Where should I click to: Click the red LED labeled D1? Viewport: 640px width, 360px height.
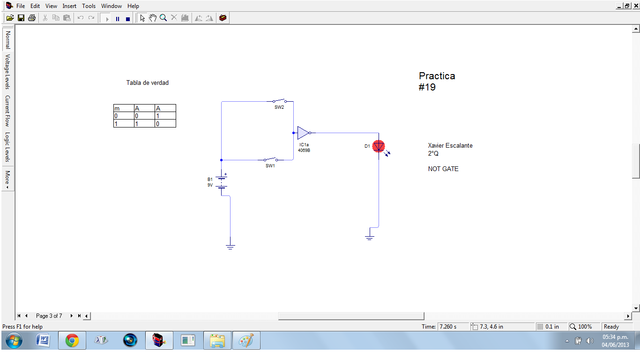point(379,146)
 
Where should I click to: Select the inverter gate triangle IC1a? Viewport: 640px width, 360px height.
point(303,133)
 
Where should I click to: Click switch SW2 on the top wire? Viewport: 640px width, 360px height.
point(280,101)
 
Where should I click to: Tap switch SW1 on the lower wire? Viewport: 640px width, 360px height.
point(271,159)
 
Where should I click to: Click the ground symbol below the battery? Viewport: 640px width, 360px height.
point(230,246)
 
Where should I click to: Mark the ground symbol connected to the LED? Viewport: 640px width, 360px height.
point(370,237)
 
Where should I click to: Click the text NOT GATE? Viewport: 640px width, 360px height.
point(443,169)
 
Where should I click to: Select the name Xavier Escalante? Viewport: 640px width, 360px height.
point(450,145)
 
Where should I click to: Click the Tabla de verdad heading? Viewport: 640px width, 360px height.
point(147,82)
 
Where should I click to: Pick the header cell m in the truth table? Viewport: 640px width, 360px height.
point(117,108)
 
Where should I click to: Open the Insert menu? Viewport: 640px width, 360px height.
point(69,6)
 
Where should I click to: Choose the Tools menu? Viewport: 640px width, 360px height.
point(89,6)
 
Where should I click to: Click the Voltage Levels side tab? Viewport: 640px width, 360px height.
point(7,71)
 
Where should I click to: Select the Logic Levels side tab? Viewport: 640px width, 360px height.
point(7,147)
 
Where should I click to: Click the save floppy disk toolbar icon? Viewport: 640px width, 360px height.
point(21,18)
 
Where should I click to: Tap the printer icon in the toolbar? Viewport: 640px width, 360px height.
point(32,18)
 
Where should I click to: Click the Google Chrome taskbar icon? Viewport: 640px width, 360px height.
point(72,340)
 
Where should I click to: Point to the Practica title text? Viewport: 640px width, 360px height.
point(437,76)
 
